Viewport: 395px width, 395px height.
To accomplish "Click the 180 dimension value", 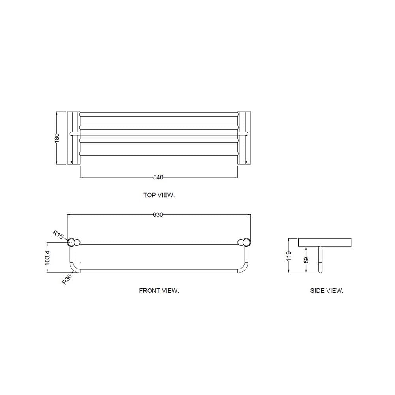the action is [57, 138].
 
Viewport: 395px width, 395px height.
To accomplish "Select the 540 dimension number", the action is [158, 177].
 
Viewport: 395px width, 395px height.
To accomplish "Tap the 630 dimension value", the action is [158, 215].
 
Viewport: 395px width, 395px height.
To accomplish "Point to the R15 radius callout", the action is [58, 235].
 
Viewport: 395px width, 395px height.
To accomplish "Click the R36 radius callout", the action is [67, 279].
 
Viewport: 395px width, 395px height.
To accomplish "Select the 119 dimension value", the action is [289, 256].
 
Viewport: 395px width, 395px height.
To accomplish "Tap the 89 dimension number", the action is [306, 260].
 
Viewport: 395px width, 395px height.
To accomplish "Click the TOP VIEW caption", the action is [159, 195].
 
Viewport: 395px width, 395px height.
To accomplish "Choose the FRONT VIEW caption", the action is [159, 291].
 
